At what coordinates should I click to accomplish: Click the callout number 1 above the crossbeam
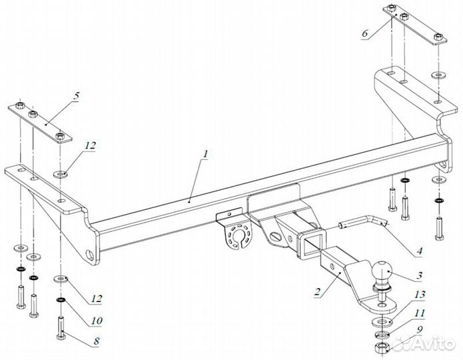(x=205, y=154)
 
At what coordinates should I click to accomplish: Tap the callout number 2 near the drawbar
(x=317, y=292)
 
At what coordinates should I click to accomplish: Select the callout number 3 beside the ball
(x=419, y=276)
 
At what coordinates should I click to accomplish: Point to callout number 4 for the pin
(x=419, y=251)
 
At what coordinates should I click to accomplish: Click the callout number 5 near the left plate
(x=77, y=96)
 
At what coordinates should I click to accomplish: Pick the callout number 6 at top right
(x=365, y=33)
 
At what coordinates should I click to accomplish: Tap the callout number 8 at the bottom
(x=97, y=341)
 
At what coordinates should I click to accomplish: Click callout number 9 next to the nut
(x=420, y=329)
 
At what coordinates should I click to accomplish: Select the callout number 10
(x=96, y=321)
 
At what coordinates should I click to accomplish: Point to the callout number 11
(x=419, y=313)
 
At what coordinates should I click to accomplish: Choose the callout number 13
(x=419, y=295)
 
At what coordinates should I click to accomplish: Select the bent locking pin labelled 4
(x=362, y=223)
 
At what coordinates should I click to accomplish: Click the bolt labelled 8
(x=61, y=329)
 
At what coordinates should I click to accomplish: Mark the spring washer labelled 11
(x=382, y=335)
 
